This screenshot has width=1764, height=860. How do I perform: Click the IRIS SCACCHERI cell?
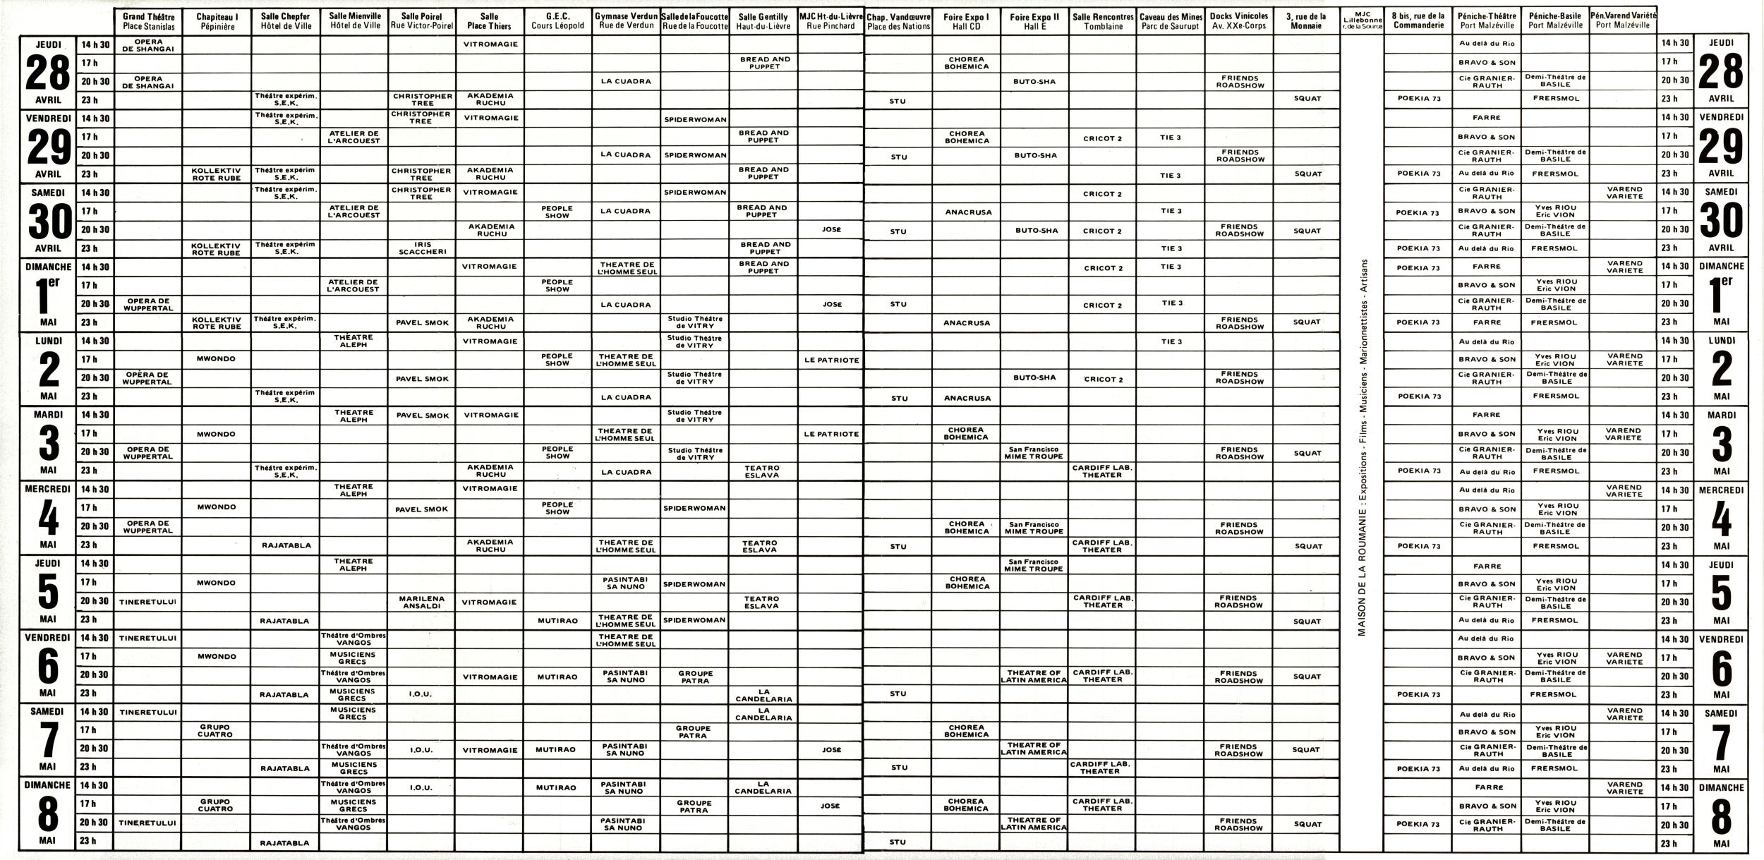click(x=422, y=248)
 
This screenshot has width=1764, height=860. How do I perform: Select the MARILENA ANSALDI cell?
click(x=422, y=602)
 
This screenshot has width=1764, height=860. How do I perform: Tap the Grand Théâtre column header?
click(x=148, y=21)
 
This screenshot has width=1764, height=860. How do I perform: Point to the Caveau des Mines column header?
click(x=1171, y=21)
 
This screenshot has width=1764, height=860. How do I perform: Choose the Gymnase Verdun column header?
click(x=626, y=21)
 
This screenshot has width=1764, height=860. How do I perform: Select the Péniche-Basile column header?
click(x=1555, y=20)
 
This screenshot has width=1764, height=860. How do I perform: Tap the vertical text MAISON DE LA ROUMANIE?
click(x=1362, y=452)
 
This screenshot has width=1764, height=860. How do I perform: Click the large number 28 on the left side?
click(x=48, y=73)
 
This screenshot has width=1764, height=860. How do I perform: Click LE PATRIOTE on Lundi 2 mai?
click(x=831, y=360)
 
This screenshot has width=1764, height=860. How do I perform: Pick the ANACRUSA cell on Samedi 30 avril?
click(x=968, y=212)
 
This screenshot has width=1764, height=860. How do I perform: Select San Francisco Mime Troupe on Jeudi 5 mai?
click(x=1033, y=565)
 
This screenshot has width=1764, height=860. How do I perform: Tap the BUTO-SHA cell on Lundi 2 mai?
click(x=1034, y=377)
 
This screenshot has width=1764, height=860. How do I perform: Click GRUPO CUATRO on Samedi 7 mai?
click(x=216, y=730)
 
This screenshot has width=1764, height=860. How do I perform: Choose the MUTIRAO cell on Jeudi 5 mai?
click(x=557, y=621)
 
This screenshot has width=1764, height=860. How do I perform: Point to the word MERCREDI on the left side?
click(x=48, y=489)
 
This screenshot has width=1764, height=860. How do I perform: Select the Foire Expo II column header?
click(x=1034, y=21)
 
